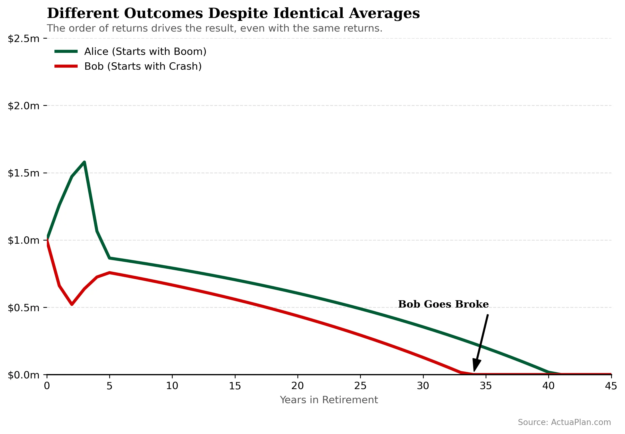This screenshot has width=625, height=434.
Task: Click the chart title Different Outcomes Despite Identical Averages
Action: (233, 13)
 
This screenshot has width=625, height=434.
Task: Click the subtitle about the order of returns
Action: (214, 28)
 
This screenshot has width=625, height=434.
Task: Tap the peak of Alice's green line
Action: (84, 162)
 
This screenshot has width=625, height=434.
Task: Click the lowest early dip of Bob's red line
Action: (72, 305)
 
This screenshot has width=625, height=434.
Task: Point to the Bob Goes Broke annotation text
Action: (443, 304)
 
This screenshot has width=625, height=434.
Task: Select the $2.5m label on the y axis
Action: (24, 39)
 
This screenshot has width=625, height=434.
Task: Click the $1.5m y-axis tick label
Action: (24, 173)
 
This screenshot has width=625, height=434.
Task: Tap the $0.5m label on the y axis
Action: (24, 308)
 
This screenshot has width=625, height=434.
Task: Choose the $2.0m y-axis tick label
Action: (24, 106)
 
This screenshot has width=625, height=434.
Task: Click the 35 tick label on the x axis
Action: (485, 386)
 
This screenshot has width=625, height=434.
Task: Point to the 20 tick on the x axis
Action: (297, 386)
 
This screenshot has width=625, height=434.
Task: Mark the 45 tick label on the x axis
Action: (611, 386)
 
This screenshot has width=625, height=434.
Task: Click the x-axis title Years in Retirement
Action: (329, 400)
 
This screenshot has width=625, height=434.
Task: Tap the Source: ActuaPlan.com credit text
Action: (564, 422)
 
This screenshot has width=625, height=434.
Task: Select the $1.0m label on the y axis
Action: (24, 240)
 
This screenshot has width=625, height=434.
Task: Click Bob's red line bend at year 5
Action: (109, 273)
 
